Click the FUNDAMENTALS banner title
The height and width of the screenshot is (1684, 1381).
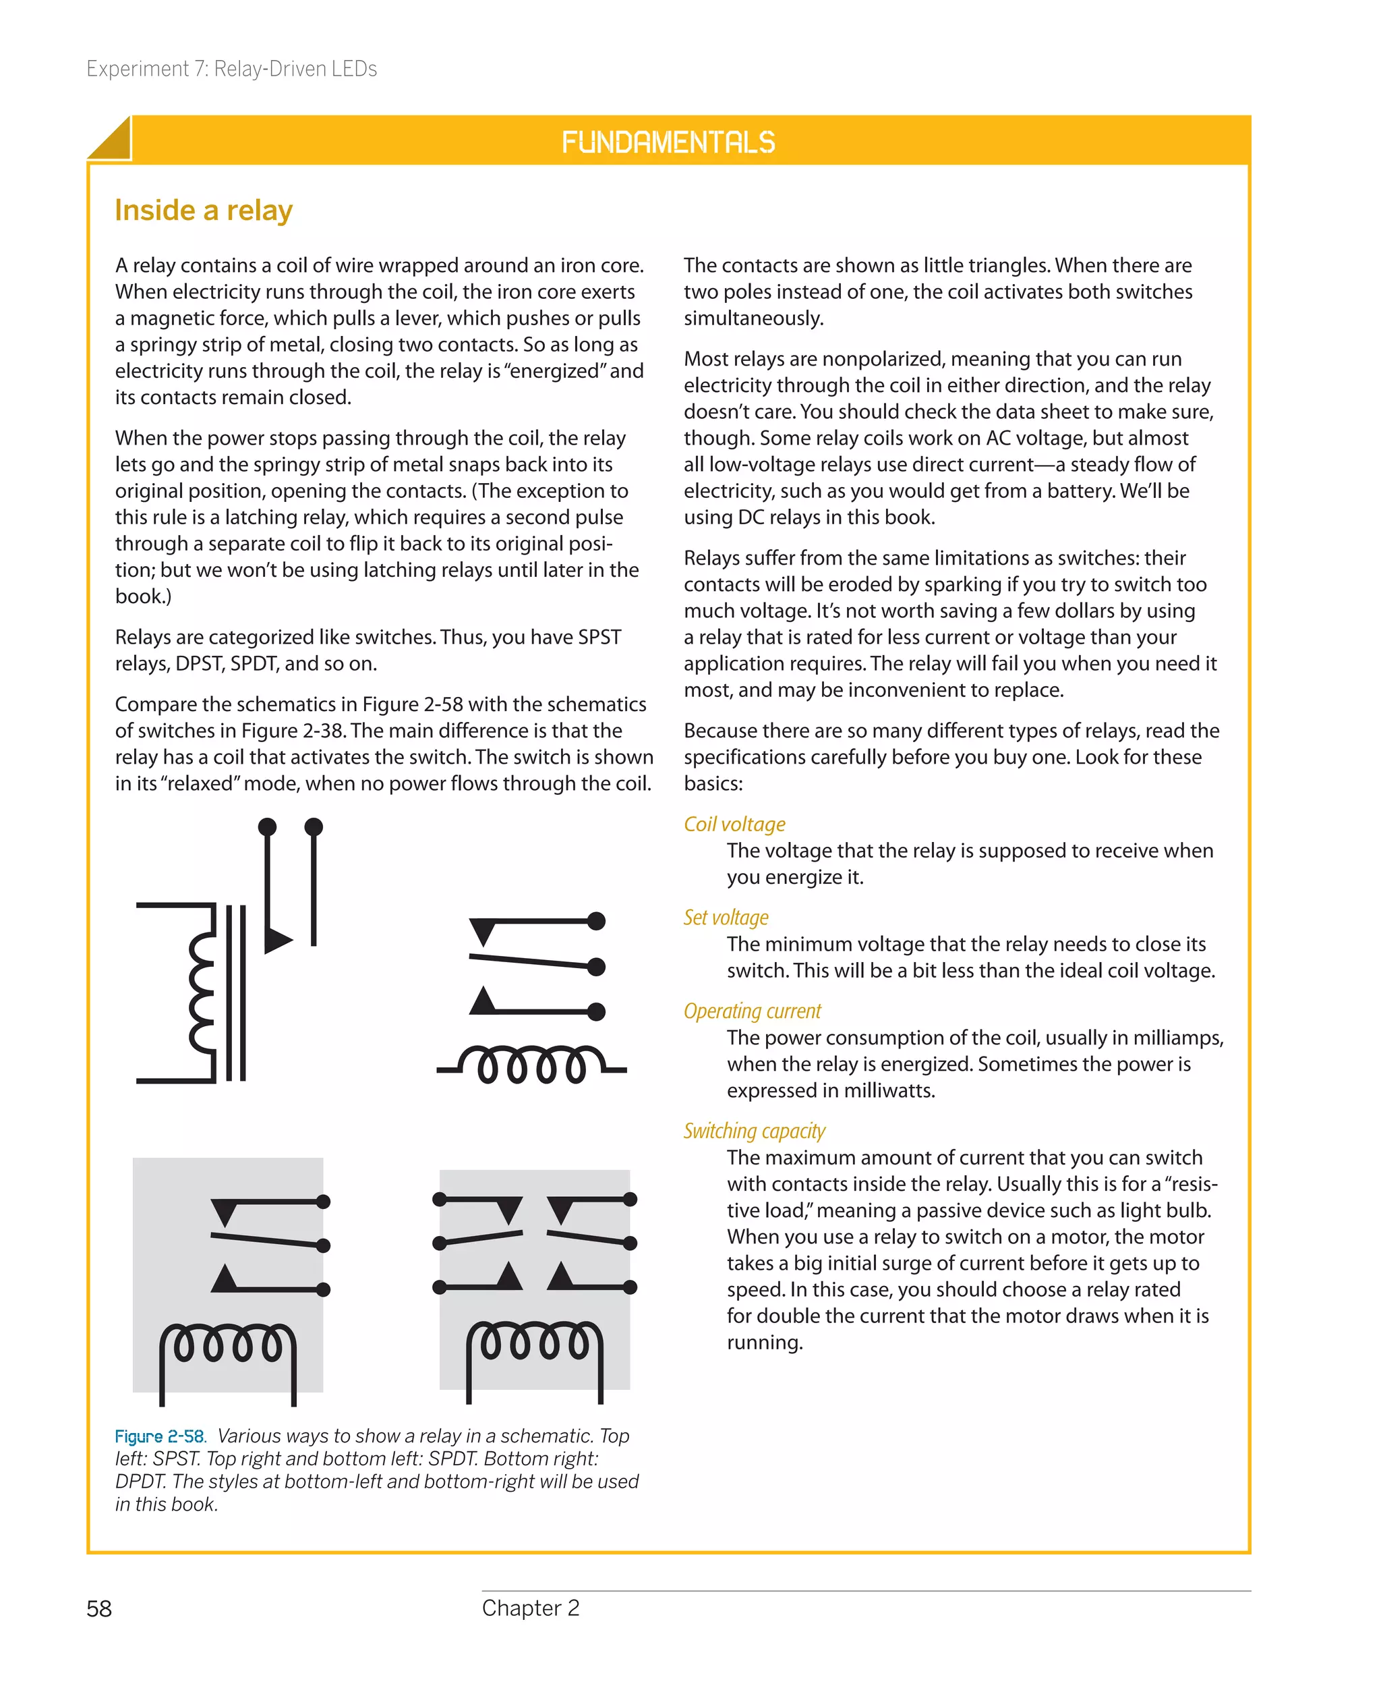click(668, 142)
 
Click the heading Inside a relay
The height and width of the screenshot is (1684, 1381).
click(204, 210)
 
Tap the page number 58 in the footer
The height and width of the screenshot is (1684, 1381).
click(98, 1608)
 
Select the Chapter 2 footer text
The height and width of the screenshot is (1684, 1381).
click(531, 1608)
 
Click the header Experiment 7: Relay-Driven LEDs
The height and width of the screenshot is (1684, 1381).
click(231, 69)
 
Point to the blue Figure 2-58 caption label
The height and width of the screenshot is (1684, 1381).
click(159, 1436)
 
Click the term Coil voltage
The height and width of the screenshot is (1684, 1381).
click(734, 824)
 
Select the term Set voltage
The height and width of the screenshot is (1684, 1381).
click(726, 918)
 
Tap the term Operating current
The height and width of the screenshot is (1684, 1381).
click(752, 1011)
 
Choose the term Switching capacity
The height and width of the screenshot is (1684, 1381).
click(754, 1131)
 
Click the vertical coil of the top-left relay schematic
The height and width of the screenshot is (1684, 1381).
click(201, 992)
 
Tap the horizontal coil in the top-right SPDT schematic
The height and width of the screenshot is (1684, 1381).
click(531, 1065)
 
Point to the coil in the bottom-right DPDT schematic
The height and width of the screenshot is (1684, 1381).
click(534, 1342)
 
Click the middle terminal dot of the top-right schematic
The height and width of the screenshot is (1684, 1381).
click(596, 966)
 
